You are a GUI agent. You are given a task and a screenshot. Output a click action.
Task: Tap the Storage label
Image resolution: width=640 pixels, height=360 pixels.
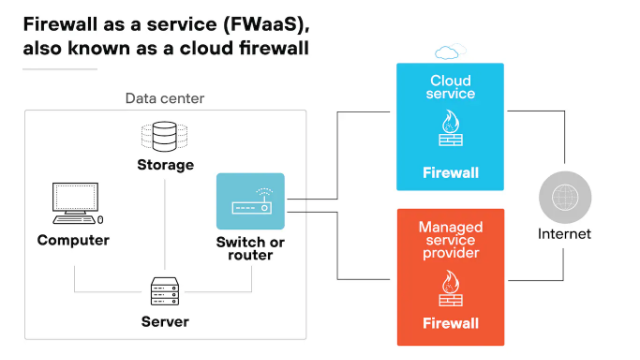165,164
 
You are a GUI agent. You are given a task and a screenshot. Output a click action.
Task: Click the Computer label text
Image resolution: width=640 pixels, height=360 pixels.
73,240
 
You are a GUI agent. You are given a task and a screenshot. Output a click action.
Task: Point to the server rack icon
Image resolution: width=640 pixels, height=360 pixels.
164,292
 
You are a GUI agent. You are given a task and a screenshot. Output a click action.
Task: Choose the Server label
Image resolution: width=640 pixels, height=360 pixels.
164,322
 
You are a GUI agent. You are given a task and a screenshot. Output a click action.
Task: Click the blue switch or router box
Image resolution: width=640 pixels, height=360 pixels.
250,201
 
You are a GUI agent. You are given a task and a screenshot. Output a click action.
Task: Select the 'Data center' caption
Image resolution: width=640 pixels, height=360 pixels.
164,97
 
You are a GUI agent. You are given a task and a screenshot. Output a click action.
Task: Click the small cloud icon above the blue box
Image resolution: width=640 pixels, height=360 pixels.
449,51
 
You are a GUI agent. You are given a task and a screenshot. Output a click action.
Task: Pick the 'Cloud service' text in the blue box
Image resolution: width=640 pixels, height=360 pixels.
450,87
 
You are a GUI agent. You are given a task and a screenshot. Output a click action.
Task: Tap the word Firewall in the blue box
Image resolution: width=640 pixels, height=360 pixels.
450,172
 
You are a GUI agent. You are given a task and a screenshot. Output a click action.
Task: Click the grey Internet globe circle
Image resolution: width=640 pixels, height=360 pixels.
565,196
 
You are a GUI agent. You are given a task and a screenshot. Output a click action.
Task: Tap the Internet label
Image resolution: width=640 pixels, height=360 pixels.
565,234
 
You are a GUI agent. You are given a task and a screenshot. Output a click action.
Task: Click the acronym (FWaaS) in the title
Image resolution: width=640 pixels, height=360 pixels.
259,21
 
